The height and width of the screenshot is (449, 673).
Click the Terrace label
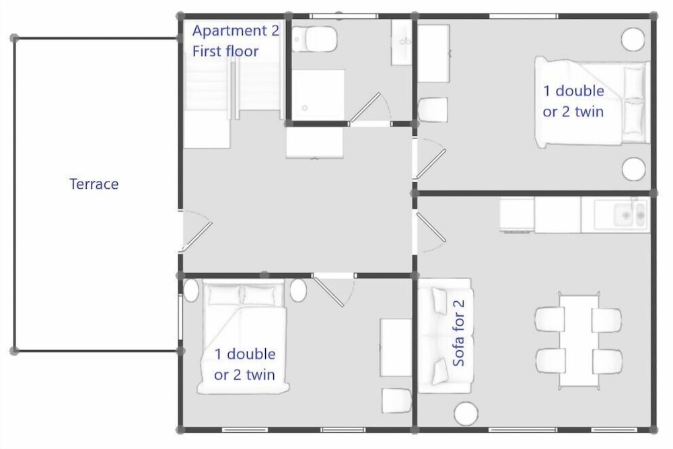[x=94, y=183]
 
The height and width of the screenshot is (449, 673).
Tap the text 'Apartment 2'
[x=235, y=30]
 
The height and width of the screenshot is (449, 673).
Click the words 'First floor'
[x=225, y=51]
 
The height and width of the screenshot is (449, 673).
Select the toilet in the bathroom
[x=315, y=39]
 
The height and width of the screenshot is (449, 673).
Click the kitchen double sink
[x=631, y=215]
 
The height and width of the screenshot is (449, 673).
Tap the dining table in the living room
[x=579, y=340]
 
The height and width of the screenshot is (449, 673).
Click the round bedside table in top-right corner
[x=633, y=40]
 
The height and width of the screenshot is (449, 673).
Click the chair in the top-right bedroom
[x=433, y=110]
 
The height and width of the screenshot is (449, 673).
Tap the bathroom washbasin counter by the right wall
[x=402, y=42]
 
